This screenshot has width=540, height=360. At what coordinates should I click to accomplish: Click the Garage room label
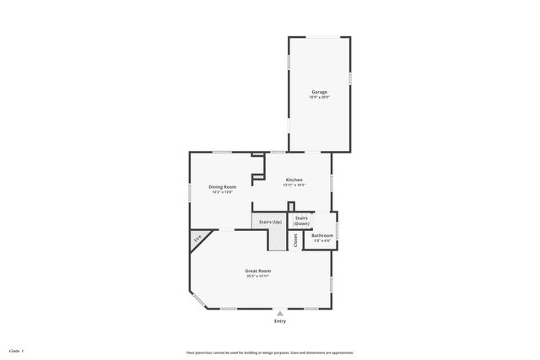pyautogui.click(x=319, y=91)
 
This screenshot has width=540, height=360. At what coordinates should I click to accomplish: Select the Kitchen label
pyautogui.click(x=294, y=180)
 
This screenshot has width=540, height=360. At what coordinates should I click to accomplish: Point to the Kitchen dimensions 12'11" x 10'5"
pyautogui.click(x=294, y=185)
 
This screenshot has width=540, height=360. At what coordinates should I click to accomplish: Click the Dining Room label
pyautogui.click(x=223, y=186)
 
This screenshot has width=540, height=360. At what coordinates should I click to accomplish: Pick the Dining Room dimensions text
pyautogui.click(x=223, y=191)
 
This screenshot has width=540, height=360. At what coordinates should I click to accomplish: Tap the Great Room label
pyautogui.click(x=258, y=271)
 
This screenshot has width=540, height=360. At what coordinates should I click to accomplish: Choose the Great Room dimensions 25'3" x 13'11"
pyautogui.click(x=258, y=276)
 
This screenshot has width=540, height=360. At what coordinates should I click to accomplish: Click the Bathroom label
pyautogui.click(x=322, y=235)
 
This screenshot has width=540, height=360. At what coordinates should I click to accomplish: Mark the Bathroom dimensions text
pyautogui.click(x=322, y=240)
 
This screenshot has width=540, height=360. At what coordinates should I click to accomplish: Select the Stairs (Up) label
pyautogui.click(x=270, y=221)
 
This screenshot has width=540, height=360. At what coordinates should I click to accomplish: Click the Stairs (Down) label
pyautogui.click(x=301, y=219)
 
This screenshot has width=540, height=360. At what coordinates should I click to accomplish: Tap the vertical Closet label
pyautogui.click(x=295, y=239)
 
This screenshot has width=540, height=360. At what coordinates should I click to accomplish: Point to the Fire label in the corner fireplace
pyautogui.click(x=198, y=239)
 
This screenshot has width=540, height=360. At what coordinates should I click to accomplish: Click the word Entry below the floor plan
pyautogui.click(x=280, y=321)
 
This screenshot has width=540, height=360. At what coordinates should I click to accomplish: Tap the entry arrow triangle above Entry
pyautogui.click(x=280, y=313)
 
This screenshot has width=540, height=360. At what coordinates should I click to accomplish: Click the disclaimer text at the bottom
pyautogui.click(x=270, y=352)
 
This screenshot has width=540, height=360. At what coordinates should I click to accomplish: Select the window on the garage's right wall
pyautogui.click(x=350, y=78)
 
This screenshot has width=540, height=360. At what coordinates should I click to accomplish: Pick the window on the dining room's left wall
pyautogui.click(x=189, y=195)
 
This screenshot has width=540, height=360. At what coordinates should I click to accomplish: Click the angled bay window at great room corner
pyautogui.click(x=196, y=298)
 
